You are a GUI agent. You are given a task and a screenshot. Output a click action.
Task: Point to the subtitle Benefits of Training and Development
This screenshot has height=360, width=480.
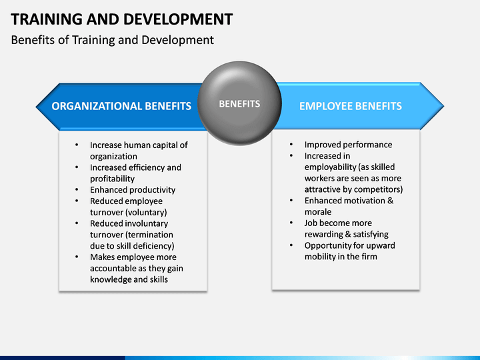[113, 40]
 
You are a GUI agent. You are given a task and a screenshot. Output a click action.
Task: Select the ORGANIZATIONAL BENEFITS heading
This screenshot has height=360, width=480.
[121, 106]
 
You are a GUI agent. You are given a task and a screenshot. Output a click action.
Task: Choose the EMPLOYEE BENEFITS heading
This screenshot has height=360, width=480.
[350, 106]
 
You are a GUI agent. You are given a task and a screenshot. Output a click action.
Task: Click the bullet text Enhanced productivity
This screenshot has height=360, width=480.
[133, 190]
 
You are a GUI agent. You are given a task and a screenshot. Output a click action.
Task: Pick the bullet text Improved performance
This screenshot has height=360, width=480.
[348, 145]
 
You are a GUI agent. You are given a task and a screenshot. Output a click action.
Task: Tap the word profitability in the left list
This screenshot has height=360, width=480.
[112, 179]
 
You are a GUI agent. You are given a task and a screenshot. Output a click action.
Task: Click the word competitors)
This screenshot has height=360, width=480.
[378, 189]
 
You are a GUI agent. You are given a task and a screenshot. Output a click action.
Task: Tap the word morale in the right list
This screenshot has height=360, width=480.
[318, 212]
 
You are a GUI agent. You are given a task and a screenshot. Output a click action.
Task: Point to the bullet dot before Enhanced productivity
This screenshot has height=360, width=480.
[77, 190]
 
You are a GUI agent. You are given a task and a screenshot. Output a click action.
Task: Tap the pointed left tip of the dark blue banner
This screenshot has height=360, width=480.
[37, 105]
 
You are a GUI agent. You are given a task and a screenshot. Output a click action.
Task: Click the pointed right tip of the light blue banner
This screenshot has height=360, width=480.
[443, 105]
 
